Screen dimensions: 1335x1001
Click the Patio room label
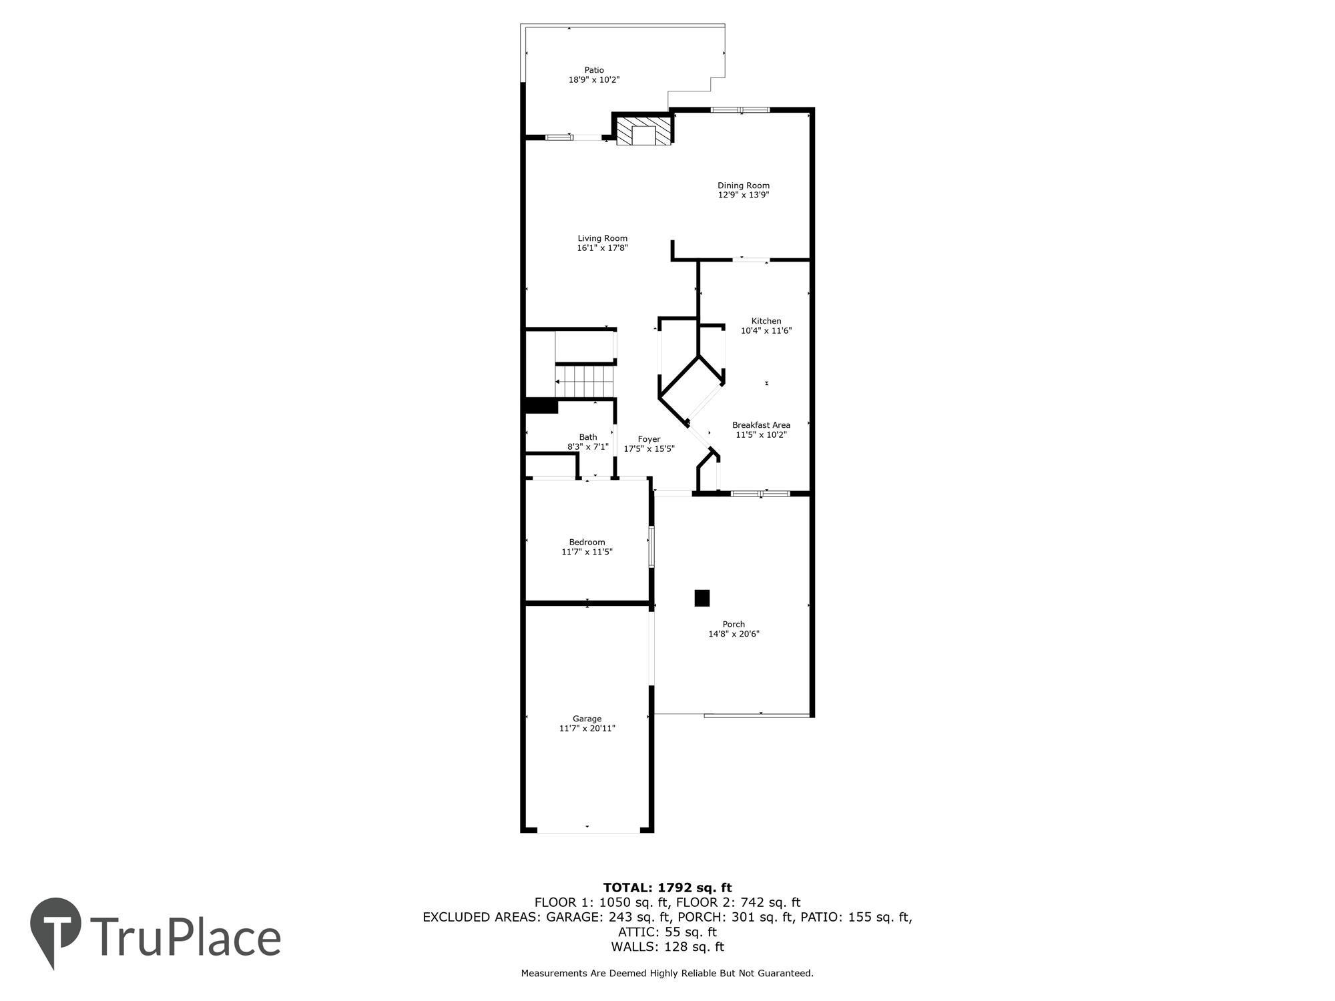tap(594, 70)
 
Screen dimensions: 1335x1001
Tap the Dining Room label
tap(744, 186)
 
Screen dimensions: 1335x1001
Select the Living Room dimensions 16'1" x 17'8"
tap(603, 248)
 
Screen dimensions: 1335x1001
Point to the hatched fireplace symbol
tap(643, 131)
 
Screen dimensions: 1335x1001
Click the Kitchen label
tap(766, 321)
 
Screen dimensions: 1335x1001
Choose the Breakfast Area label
tap(761, 425)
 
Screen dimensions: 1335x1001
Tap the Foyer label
tap(649, 439)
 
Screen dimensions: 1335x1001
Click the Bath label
tap(588, 437)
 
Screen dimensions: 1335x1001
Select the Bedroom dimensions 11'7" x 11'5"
tap(587, 552)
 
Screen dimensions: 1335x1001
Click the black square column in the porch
tap(702, 598)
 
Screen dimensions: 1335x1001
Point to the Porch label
tap(734, 625)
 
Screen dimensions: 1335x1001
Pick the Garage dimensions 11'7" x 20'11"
tap(587, 728)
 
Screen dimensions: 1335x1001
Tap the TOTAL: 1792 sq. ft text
tap(667, 888)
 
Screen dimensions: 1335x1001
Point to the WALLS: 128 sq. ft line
tap(667, 946)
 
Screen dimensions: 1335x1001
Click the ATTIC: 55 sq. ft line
tap(667, 932)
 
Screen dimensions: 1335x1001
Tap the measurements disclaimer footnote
tap(667, 974)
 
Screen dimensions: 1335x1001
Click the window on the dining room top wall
tap(740, 109)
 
